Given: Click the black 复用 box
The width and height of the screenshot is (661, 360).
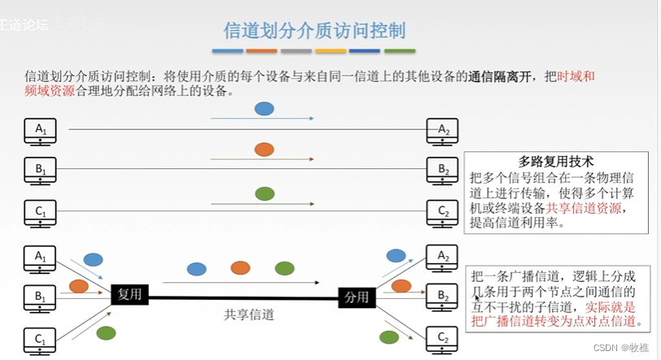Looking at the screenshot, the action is [130, 295].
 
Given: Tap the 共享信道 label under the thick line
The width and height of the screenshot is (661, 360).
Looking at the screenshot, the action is [250, 314].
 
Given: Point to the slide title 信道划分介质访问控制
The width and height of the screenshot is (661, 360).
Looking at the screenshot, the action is [315, 31].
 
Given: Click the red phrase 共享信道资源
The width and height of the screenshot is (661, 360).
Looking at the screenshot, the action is [585, 208].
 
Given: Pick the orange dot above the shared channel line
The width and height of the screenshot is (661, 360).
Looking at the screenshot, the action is [240, 267].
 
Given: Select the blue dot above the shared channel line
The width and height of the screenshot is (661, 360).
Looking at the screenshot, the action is [196, 268].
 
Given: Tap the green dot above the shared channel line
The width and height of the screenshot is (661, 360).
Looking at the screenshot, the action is [284, 267].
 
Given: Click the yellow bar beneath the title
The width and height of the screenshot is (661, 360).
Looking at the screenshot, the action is [331, 51].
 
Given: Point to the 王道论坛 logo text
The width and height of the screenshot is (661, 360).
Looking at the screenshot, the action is [24, 24].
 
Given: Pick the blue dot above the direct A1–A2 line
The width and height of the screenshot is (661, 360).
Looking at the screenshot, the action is [263, 108].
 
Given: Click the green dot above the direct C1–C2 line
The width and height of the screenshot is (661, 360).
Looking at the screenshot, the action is [264, 193].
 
